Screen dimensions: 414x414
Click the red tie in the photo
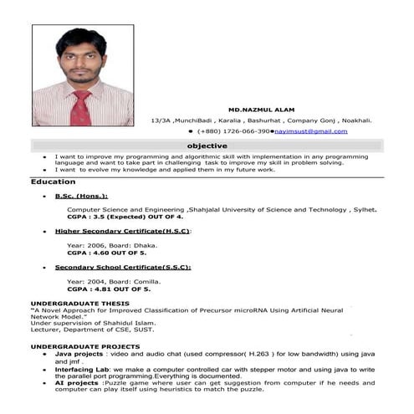[81, 109]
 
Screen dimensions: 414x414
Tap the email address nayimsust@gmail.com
[310, 131]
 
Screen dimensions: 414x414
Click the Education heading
[53, 181]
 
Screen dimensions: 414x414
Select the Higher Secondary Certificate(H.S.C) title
[123, 231]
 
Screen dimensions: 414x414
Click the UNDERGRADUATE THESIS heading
[79, 303]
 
